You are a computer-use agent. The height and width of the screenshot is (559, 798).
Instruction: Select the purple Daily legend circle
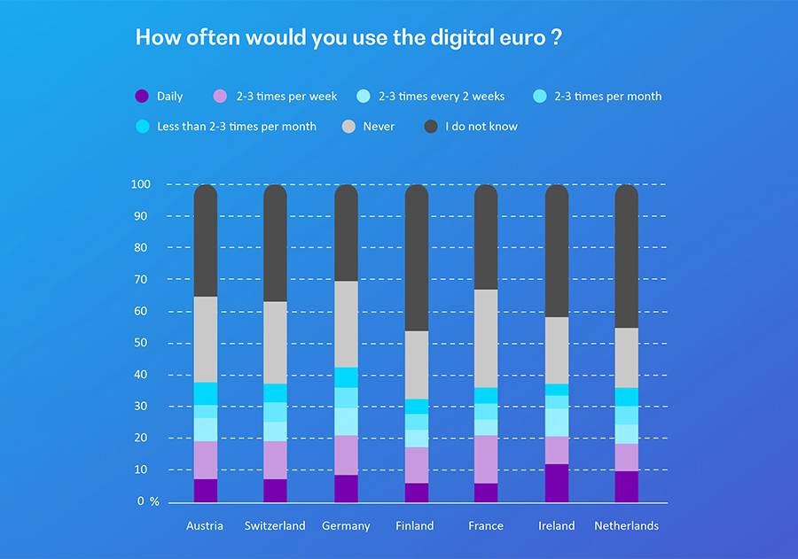point(141,97)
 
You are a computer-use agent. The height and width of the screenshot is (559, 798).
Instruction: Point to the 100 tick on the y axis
point(142,184)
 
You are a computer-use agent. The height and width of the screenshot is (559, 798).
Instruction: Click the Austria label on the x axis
point(205,526)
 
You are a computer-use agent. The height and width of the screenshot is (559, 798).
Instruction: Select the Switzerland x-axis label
point(275,526)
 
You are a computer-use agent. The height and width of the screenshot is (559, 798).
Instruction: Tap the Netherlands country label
point(626,526)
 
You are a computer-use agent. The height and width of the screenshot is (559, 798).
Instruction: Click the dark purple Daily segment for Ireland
point(557,483)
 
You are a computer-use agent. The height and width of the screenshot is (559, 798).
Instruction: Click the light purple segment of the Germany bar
point(346,454)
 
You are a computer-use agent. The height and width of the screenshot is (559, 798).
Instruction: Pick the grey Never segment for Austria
point(206,339)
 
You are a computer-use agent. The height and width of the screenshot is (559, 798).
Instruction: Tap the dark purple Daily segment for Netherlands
point(626,486)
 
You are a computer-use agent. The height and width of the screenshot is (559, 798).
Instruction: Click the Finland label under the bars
point(415,526)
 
